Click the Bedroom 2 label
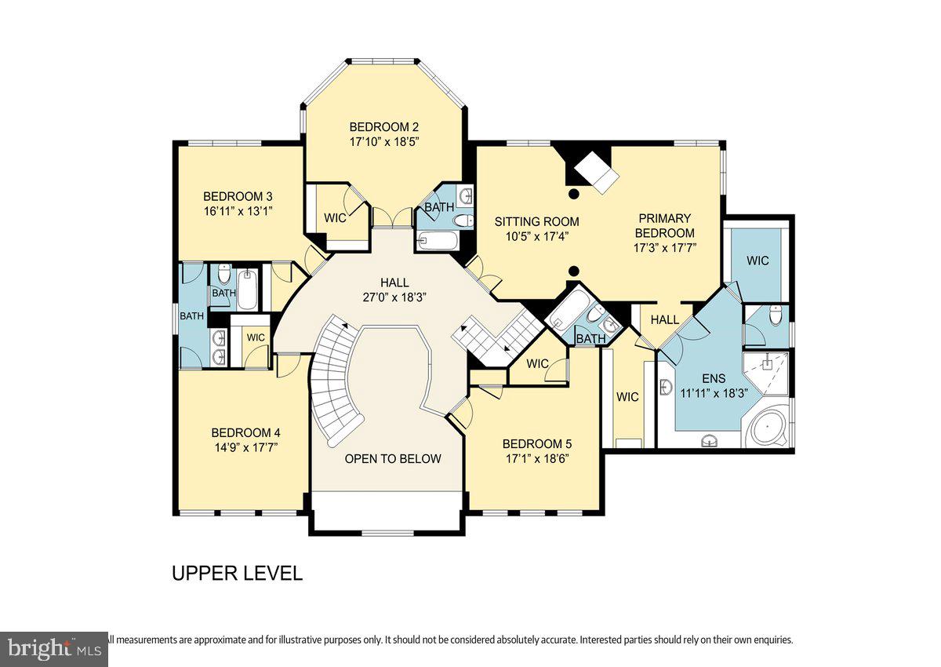click(384, 127)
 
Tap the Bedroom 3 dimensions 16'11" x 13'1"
click(238, 211)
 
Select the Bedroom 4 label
click(245, 432)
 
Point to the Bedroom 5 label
click(537, 443)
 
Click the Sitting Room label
click(536, 221)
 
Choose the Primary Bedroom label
click(664, 225)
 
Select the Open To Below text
click(393, 458)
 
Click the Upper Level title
click(237, 574)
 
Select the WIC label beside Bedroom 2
click(335, 218)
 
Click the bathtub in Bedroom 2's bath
click(438, 239)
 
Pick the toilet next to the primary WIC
click(776, 315)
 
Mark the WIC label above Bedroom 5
click(537, 363)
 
